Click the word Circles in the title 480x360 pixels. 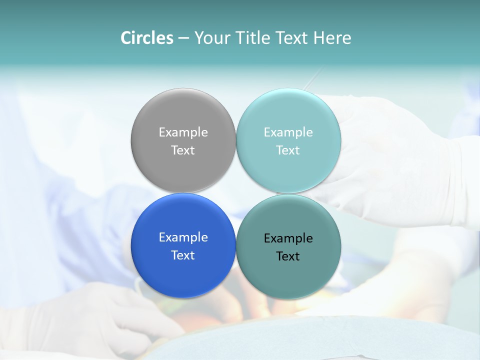[x=147, y=38]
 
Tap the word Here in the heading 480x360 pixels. [x=332, y=38]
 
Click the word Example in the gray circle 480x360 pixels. [x=183, y=132]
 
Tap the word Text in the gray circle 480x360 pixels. [x=183, y=150]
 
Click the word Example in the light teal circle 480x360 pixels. [x=288, y=132]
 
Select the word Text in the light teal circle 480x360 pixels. [x=288, y=150]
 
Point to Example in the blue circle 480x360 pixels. [x=183, y=237]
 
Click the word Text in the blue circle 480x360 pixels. [x=183, y=255]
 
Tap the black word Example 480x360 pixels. [x=288, y=238]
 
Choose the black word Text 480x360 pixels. [x=288, y=256]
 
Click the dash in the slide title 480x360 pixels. [x=183, y=38]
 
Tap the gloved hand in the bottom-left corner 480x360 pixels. [x=85, y=315]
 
